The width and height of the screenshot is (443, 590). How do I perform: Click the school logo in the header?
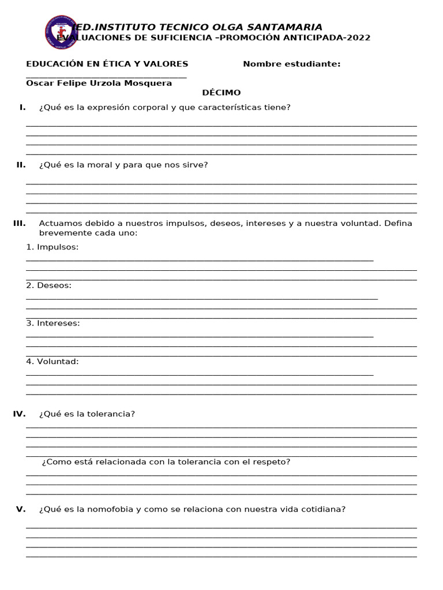click(x=61, y=32)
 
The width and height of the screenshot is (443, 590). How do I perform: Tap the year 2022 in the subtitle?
click(x=358, y=38)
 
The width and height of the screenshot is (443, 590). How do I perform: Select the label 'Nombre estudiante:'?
click(x=291, y=64)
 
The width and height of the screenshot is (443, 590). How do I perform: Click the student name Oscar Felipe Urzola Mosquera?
click(x=99, y=84)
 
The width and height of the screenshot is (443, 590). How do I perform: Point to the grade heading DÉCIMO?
click(x=221, y=93)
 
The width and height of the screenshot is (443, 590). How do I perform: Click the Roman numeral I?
click(x=22, y=107)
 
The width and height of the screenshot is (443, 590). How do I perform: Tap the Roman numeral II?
click(x=21, y=165)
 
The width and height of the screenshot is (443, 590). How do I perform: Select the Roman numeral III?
click(x=19, y=224)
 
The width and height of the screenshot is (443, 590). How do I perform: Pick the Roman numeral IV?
click(x=19, y=414)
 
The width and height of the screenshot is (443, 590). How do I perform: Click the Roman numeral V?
click(x=21, y=509)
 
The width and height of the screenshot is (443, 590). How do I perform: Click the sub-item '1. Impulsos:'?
click(x=52, y=247)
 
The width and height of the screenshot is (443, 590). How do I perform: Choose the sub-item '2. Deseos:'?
click(x=49, y=285)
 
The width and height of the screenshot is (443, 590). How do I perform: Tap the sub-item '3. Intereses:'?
click(x=53, y=323)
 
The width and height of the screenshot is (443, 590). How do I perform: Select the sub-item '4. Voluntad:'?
click(x=52, y=361)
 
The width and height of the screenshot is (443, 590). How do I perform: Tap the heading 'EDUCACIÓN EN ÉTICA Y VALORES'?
click(x=107, y=64)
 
